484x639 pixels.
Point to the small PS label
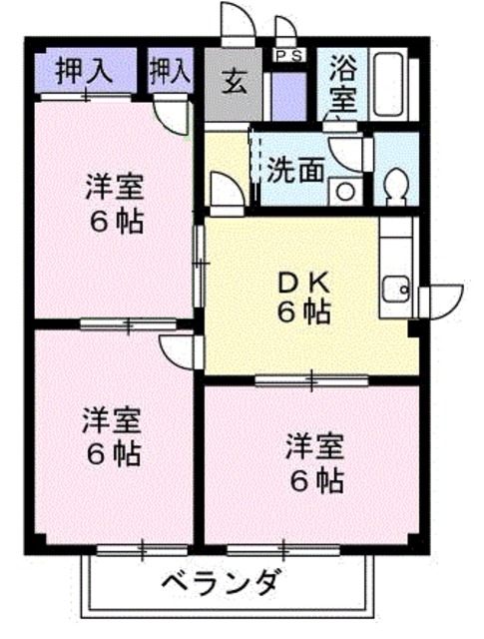[289, 55]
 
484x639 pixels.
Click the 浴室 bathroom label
[343, 84]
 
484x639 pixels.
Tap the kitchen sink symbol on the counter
[396, 291]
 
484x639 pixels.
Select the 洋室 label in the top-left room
[113, 187]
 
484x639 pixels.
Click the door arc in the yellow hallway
[225, 190]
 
